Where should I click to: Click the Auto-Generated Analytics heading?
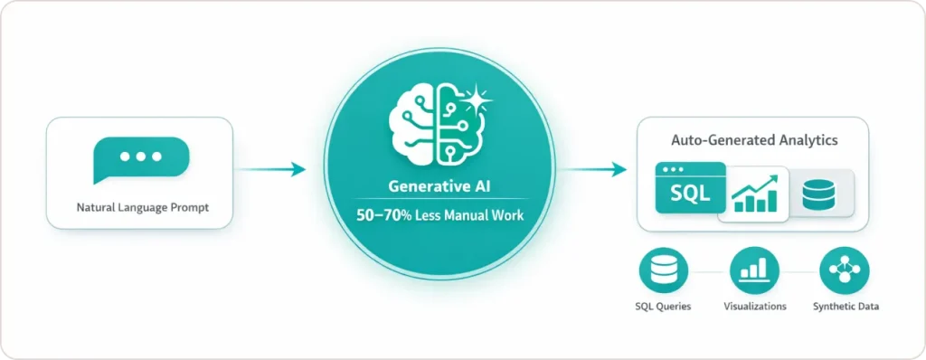[x=753, y=141]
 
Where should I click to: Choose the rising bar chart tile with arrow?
[x=754, y=193]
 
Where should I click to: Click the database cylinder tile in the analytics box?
[x=818, y=193]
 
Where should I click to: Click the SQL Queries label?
[x=663, y=307]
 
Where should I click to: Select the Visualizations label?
[x=754, y=307]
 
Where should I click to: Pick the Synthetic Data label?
[x=846, y=307]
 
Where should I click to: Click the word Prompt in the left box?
[x=187, y=208]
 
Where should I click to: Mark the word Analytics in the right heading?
[x=807, y=141]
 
